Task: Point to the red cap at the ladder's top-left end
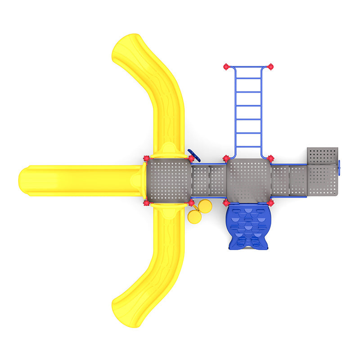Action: (226, 67)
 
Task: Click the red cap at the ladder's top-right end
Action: (270, 67)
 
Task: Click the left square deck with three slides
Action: (169, 180)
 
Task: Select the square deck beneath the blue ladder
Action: (248, 180)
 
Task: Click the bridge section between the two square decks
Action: (208, 180)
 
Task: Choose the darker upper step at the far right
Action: (322, 156)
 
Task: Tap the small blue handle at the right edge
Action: (340, 166)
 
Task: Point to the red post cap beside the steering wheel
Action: (191, 158)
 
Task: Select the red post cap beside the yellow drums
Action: (191, 203)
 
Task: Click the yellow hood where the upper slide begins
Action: (169, 150)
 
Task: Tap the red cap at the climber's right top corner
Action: (270, 203)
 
